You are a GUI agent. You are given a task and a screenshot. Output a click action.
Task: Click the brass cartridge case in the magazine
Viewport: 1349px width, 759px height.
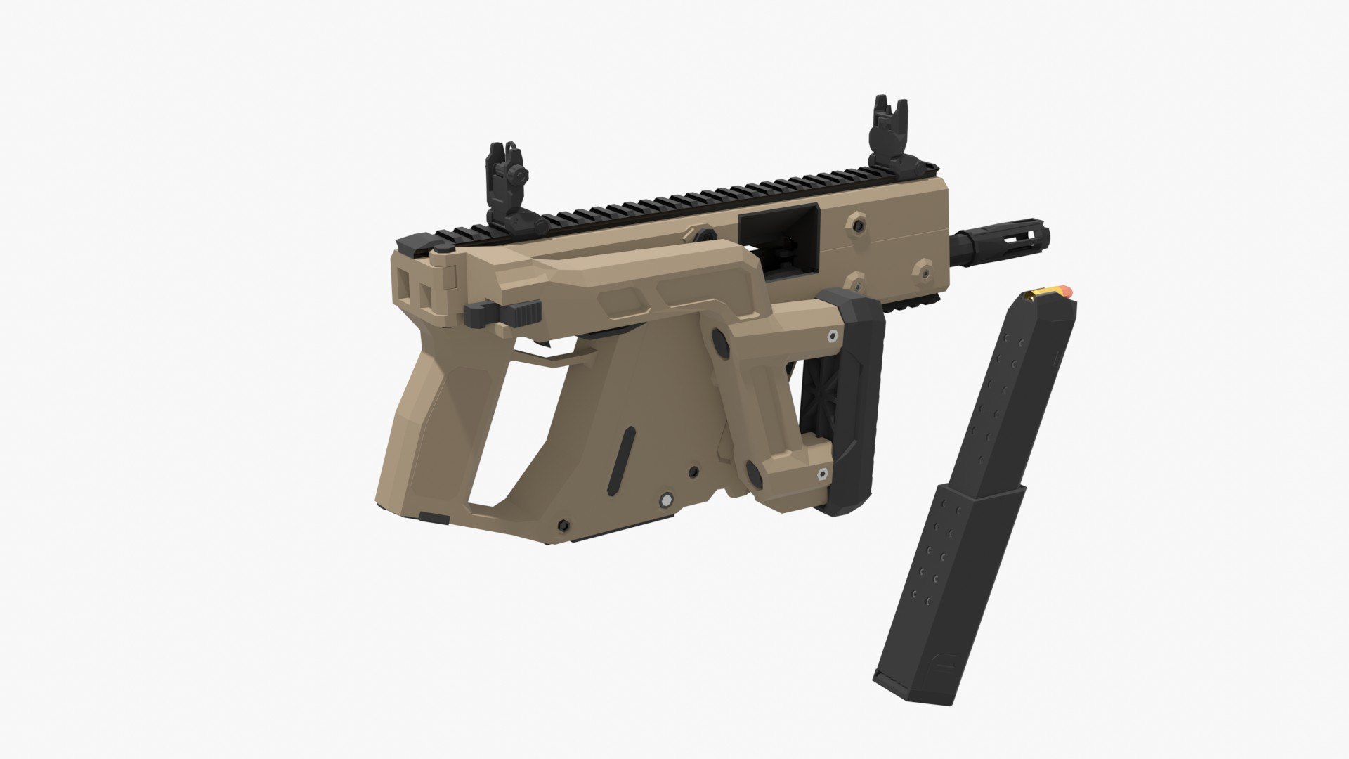[1047, 291]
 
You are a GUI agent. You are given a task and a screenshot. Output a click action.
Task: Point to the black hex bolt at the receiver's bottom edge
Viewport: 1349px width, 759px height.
[562, 525]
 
